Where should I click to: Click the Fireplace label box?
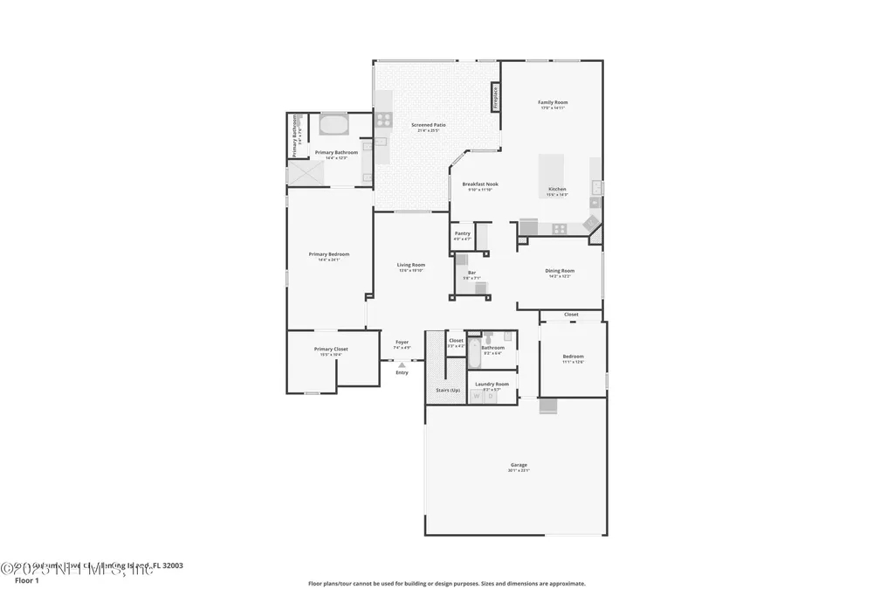(495, 97)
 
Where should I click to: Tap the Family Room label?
(553, 102)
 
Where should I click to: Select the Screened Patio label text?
(429, 125)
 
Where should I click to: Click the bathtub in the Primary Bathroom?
(334, 125)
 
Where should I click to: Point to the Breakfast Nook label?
(480, 184)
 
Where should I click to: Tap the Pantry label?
(463, 233)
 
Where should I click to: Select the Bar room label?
(471, 273)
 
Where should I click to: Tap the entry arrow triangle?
(402, 364)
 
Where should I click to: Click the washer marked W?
(477, 396)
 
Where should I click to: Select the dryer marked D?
(490, 396)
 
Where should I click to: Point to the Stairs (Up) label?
(448, 390)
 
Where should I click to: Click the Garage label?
(519, 465)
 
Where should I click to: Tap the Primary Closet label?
(331, 349)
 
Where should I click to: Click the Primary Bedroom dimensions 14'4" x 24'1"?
(329, 260)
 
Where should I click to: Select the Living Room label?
(411, 265)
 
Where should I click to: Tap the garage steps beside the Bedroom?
(548, 405)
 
